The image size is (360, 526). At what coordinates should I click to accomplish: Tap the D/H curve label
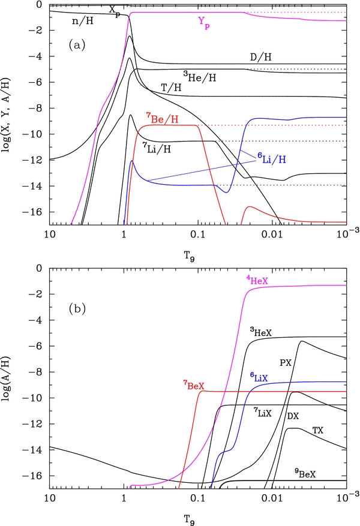point(260,56)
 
